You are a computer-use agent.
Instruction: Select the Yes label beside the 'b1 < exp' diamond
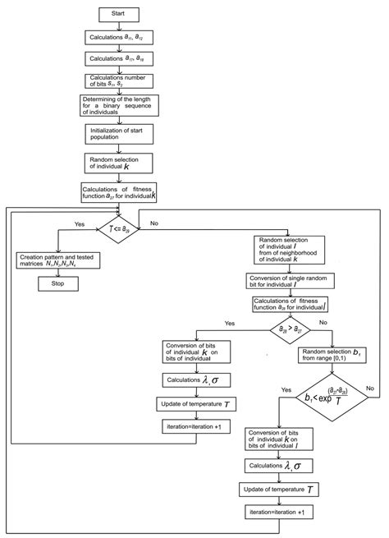263,389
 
